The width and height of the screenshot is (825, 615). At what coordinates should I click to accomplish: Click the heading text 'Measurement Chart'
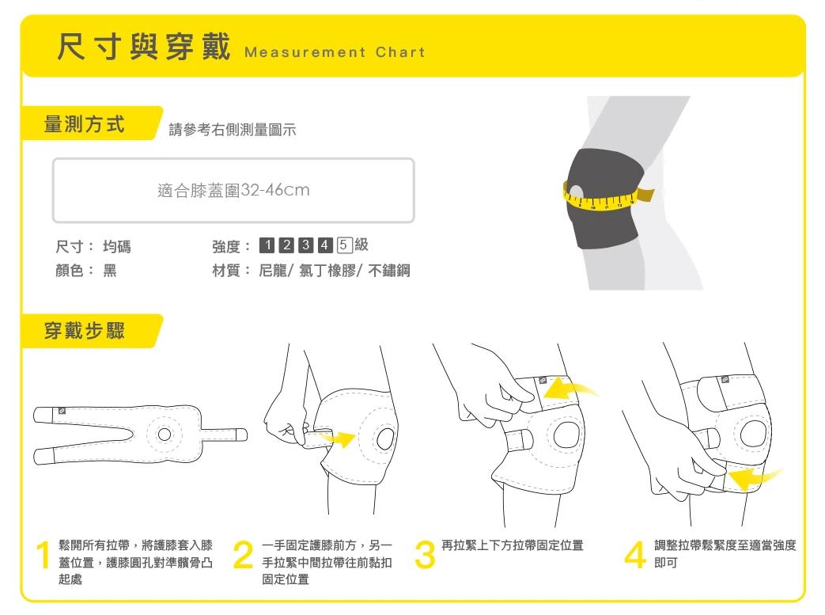tap(335, 52)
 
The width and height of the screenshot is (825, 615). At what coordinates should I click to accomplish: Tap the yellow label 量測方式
tap(85, 124)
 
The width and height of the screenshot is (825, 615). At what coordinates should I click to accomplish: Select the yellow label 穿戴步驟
tap(85, 331)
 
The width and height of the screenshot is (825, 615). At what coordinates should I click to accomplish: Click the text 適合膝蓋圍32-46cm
tap(233, 190)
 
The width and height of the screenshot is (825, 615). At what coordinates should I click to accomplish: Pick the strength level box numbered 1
tap(267, 245)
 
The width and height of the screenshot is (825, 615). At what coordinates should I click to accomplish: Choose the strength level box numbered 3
tap(305, 245)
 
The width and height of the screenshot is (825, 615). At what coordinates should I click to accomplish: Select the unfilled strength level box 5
tap(344, 245)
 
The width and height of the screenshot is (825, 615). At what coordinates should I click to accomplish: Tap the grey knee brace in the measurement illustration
tap(605, 198)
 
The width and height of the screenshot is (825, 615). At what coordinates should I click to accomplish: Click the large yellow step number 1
tap(44, 555)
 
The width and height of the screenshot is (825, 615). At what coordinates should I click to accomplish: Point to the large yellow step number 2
tap(243, 555)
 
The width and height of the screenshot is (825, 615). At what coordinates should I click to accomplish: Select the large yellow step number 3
tap(425, 555)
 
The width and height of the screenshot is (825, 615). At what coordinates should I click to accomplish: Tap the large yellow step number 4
tap(636, 555)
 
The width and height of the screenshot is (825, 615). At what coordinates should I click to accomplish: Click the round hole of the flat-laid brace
tap(165, 435)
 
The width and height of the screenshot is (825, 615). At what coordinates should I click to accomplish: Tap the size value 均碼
tap(117, 246)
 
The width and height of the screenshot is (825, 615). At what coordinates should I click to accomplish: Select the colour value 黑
tap(109, 271)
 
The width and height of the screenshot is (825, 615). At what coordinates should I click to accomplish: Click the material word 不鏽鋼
tap(389, 271)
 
